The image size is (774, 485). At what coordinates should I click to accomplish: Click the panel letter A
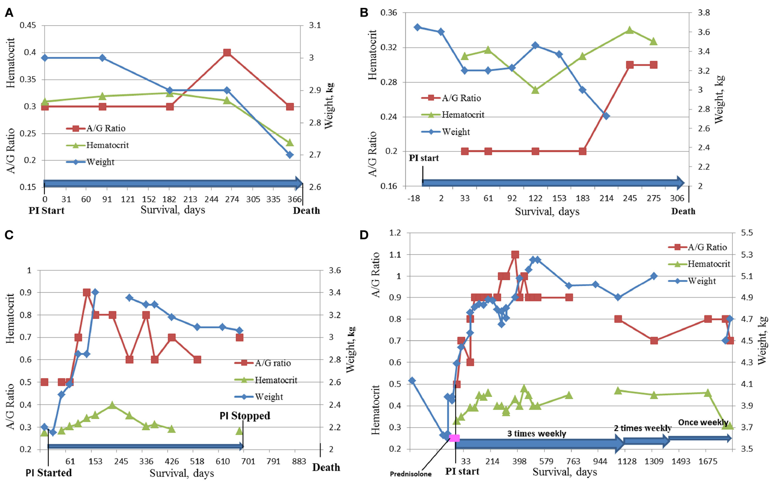pyautogui.click(x=9, y=13)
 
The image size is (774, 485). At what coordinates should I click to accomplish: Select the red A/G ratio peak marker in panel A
pyautogui.click(x=227, y=53)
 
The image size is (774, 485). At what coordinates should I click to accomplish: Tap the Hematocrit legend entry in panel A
pyautogui.click(x=107, y=145)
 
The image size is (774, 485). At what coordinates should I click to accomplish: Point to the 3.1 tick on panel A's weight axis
pyautogui.click(x=315, y=25)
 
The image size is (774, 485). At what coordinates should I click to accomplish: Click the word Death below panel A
pyautogui.click(x=306, y=211)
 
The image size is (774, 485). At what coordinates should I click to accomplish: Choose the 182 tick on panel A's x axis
pyautogui.click(x=169, y=199)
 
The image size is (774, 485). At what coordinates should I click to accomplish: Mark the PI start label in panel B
pyautogui.click(x=423, y=158)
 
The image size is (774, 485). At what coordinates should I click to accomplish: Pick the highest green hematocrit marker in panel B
pyautogui.click(x=630, y=30)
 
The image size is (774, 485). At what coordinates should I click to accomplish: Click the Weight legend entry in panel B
pyautogui.click(x=456, y=132)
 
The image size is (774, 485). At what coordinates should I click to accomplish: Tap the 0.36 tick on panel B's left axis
pyautogui.click(x=389, y=13)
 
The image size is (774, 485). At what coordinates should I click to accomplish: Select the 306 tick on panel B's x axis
pyautogui.click(x=677, y=198)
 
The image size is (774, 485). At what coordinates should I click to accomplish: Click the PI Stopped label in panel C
pyautogui.click(x=245, y=416)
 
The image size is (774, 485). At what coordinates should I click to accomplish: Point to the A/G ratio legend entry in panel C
pyautogui.click(x=273, y=363)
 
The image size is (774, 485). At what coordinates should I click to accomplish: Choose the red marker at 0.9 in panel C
pyautogui.click(x=87, y=293)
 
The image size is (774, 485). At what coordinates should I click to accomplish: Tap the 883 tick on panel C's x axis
pyautogui.click(x=299, y=461)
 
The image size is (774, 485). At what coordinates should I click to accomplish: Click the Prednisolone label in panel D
pyautogui.click(x=410, y=474)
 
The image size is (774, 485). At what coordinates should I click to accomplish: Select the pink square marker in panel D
pyautogui.click(x=454, y=438)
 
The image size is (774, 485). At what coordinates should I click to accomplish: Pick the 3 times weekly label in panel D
pyautogui.click(x=536, y=434)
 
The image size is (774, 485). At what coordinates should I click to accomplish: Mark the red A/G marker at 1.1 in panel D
pyautogui.click(x=515, y=255)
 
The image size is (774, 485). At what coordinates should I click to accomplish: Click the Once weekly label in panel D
pyautogui.click(x=703, y=422)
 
